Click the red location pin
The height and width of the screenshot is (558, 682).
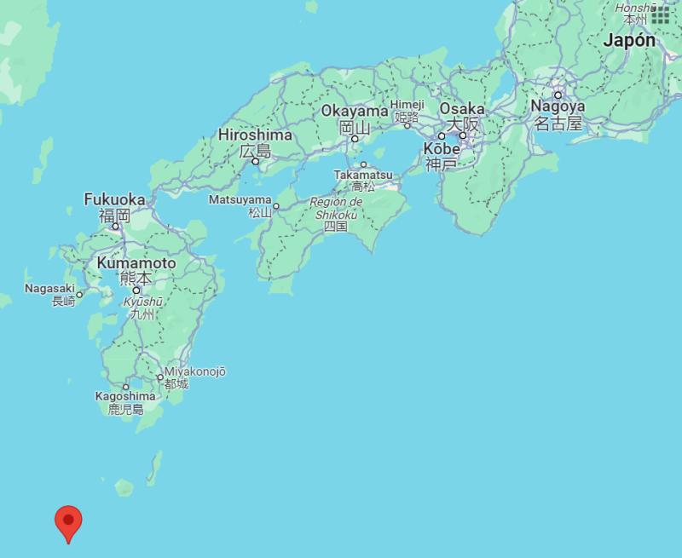(68, 520)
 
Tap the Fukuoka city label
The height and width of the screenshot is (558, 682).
(114, 199)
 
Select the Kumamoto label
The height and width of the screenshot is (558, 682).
(136, 263)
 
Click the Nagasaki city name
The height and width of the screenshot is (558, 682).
(49, 289)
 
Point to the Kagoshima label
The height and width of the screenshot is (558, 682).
(125, 396)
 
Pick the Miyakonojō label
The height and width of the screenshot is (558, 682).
(195, 372)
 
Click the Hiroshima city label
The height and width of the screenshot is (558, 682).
(255, 135)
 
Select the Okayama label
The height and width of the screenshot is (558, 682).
(355, 111)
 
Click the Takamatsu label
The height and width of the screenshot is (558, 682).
(363, 175)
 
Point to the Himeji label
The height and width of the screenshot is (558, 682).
(407, 104)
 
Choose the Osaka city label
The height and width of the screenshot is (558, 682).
(462, 109)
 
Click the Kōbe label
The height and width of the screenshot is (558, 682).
(442, 149)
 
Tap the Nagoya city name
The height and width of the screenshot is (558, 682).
(558, 106)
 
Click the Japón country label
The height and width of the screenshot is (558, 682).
(629, 40)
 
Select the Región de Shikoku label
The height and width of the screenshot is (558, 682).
(337, 208)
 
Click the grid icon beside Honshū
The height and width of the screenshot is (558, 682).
(660, 14)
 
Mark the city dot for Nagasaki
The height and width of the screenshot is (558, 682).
(79, 296)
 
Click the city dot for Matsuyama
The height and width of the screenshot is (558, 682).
(276, 205)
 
